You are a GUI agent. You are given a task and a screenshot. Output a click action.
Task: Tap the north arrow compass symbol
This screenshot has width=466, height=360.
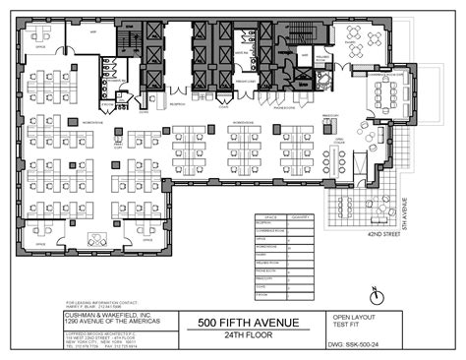coord(376,294)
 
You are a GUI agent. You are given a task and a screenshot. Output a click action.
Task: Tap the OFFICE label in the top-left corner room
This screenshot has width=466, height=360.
coord(41,46)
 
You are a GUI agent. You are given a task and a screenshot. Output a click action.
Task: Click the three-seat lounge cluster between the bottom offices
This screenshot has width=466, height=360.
coord(96,238)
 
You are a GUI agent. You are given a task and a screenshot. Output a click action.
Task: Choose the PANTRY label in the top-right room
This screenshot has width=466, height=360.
coord(351,43)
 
